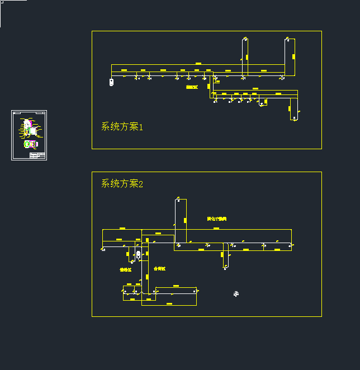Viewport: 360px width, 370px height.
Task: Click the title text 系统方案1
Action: coord(122,127)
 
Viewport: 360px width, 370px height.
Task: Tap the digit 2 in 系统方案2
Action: coord(140,184)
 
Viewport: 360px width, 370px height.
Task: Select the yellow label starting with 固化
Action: coord(216,219)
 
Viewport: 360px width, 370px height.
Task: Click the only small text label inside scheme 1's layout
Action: coord(192,87)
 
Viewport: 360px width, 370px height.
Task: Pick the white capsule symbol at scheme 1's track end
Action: coord(111,82)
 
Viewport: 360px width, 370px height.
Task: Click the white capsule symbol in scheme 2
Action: coord(139,255)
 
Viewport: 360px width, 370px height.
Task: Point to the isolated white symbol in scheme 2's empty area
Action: coord(236,293)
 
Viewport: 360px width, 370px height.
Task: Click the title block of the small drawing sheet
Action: coord(37,155)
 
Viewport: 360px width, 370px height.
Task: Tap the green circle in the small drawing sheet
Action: coord(27,144)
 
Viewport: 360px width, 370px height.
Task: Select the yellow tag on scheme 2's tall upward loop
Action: coord(184,219)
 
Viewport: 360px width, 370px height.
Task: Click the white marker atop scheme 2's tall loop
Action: coord(178,198)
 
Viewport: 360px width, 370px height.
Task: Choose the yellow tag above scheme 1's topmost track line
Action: coord(198,64)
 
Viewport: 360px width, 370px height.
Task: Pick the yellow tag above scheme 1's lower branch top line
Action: coord(255,88)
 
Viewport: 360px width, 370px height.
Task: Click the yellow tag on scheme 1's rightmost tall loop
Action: coord(293,56)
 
